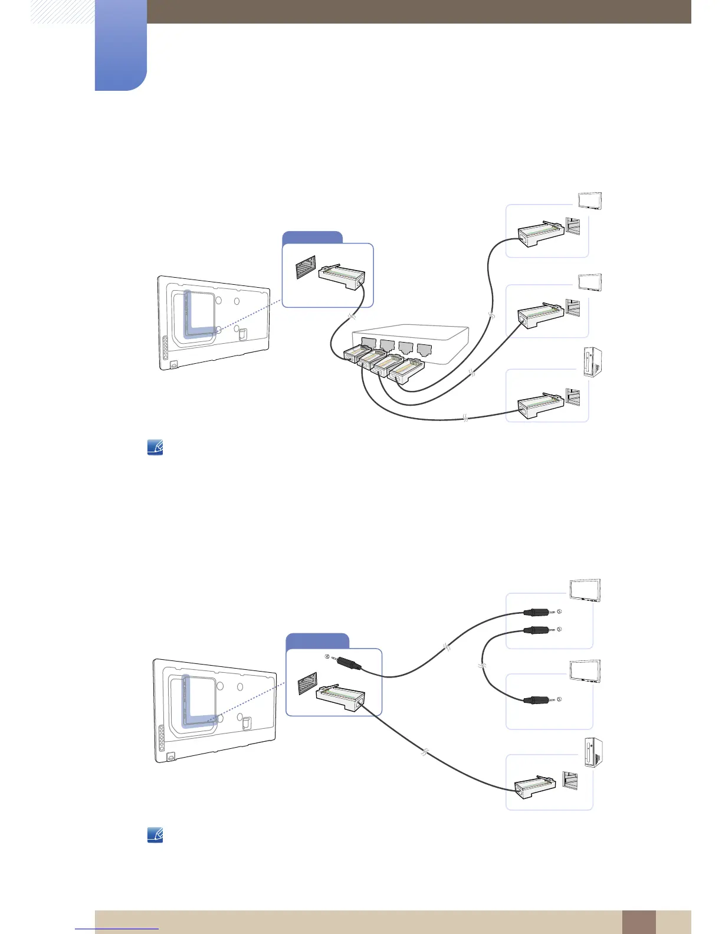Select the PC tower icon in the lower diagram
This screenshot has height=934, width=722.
coord(593,753)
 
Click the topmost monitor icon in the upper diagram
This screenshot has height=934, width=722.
coord(590,200)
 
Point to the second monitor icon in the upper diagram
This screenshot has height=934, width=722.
coord(590,282)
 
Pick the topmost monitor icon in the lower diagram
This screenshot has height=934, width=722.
coord(585,591)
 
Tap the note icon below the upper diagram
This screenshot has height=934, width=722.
coord(155,448)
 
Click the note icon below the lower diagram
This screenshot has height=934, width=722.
coord(155,835)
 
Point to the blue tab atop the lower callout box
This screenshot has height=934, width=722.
coord(317,641)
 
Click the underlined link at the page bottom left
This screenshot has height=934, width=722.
coord(117,929)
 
